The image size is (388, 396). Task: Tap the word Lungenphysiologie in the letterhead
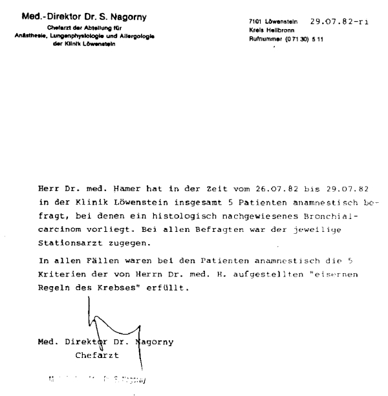pos(87,36)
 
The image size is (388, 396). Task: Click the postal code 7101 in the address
pos(255,23)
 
